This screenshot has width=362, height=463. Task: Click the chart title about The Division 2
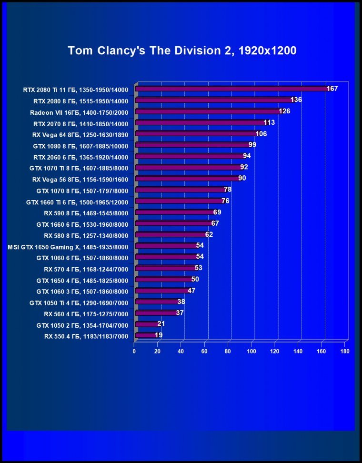pos(182,50)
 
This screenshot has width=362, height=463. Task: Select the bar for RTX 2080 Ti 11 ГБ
pos(231,89)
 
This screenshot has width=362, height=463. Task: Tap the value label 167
pos(332,89)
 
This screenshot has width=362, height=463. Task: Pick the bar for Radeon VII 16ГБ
pos(208,111)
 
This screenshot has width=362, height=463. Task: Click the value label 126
pos(284,111)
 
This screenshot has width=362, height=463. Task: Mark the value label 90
pos(242,178)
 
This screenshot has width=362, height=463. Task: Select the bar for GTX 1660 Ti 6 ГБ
pos(179,201)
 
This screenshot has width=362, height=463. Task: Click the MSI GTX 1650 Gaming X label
pos(68,247)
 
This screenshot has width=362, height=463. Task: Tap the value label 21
pos(161,324)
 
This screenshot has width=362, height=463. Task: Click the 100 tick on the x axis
pos(251,352)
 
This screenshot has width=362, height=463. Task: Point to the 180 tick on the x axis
pos(345,352)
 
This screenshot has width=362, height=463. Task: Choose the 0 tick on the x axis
pos(134,352)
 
